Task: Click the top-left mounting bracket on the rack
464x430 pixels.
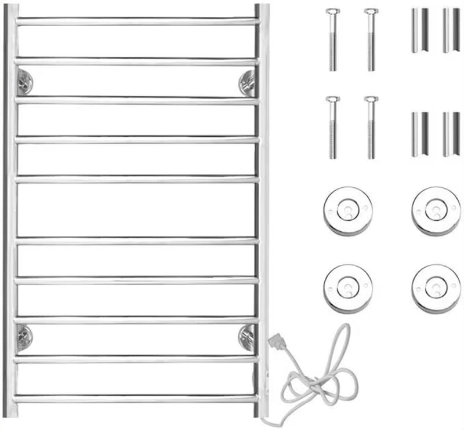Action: [24, 81]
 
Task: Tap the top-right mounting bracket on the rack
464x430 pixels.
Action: [246, 82]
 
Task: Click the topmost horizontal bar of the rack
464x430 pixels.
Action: [137, 21]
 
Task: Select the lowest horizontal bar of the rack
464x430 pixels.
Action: [137, 399]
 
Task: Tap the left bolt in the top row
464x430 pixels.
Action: [332, 39]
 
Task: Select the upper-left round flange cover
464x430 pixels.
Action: [347, 210]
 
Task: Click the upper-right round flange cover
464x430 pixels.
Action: [436, 210]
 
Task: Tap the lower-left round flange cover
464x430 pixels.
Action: [347, 288]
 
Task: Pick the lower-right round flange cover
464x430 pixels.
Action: [436, 288]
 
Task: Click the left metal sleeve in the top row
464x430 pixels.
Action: [419, 30]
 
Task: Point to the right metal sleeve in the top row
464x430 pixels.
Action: [451, 30]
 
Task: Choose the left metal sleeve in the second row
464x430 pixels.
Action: [419, 134]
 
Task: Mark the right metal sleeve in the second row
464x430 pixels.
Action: [451, 134]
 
